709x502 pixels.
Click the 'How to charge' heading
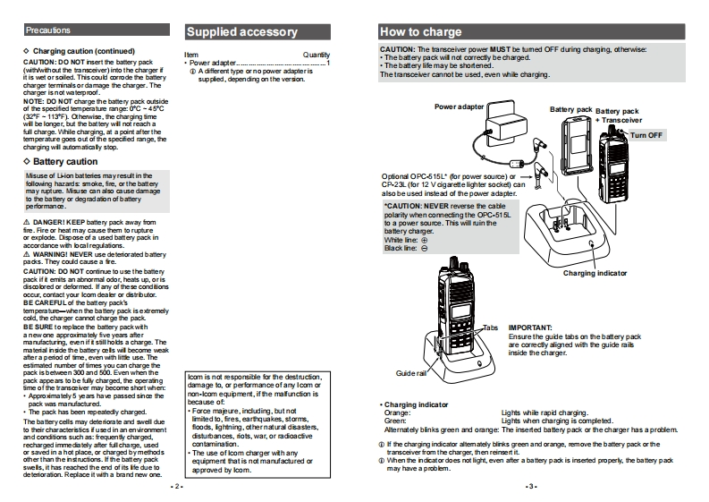[x=421, y=31]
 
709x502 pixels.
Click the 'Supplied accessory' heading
[x=241, y=32]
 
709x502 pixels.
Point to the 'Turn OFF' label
[x=647, y=134]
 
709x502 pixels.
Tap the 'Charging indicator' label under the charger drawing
[x=595, y=273]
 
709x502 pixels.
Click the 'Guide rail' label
[x=409, y=372]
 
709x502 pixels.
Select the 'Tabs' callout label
[x=490, y=328]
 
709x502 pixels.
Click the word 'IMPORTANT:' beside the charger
[x=530, y=328]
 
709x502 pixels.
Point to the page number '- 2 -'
[x=176, y=486]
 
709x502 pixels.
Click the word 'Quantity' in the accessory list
[x=317, y=55]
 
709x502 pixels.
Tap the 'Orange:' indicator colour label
[x=396, y=413]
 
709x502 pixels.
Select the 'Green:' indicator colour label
[x=394, y=421]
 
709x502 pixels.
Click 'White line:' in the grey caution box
[x=399, y=240]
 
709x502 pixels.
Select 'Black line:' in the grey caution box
[x=399, y=248]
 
